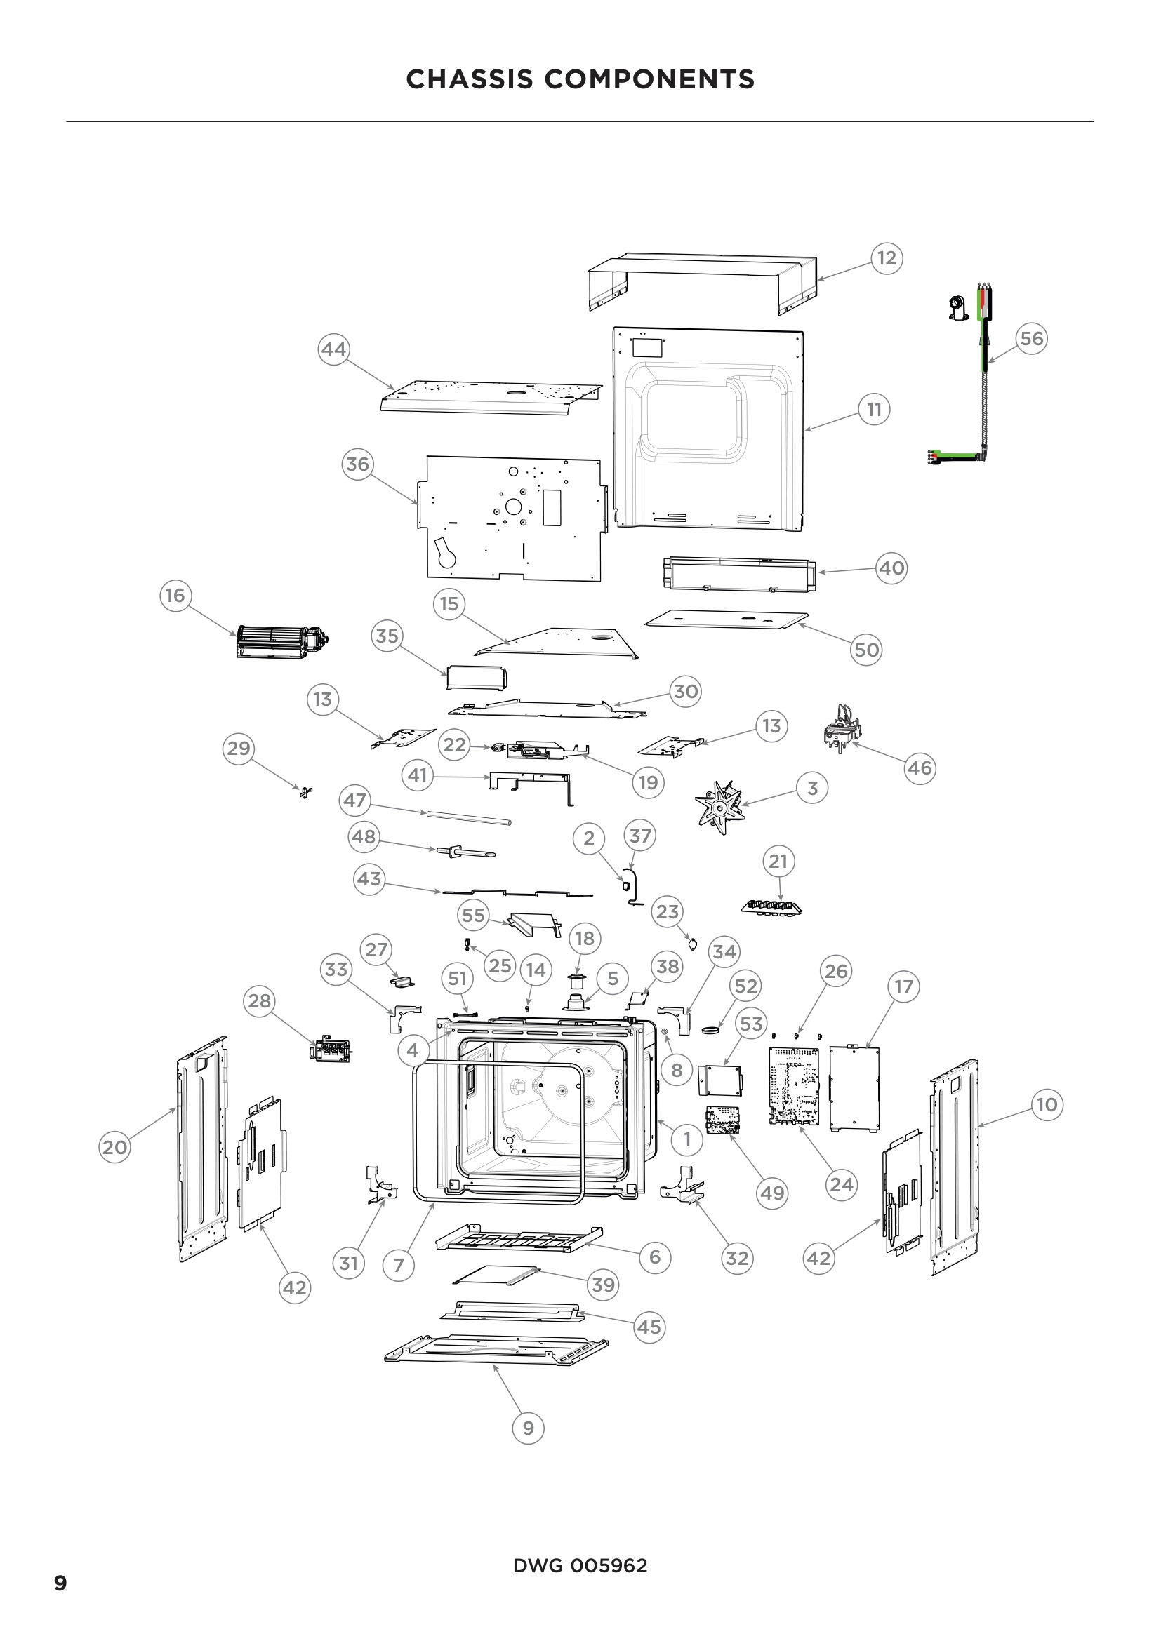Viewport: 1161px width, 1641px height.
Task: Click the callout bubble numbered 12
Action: tap(887, 258)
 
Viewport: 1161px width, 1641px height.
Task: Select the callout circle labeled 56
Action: tap(1031, 338)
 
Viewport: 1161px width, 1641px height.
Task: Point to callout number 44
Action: tap(333, 349)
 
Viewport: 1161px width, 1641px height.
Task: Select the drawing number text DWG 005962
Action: tap(580, 1566)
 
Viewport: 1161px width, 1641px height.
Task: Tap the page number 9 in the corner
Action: tap(61, 1583)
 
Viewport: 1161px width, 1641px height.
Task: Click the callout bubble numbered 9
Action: tap(529, 1428)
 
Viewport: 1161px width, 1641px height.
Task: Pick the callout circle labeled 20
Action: tap(114, 1148)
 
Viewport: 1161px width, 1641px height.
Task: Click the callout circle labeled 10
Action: tap(1047, 1105)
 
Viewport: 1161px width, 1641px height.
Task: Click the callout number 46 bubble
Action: tap(920, 768)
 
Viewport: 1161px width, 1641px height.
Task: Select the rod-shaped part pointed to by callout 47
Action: tap(470, 817)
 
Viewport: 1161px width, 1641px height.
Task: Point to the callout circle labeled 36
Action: tap(357, 464)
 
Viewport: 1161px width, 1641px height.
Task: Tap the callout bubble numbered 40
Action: tap(891, 568)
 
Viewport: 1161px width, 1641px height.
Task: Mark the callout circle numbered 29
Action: tap(238, 749)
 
